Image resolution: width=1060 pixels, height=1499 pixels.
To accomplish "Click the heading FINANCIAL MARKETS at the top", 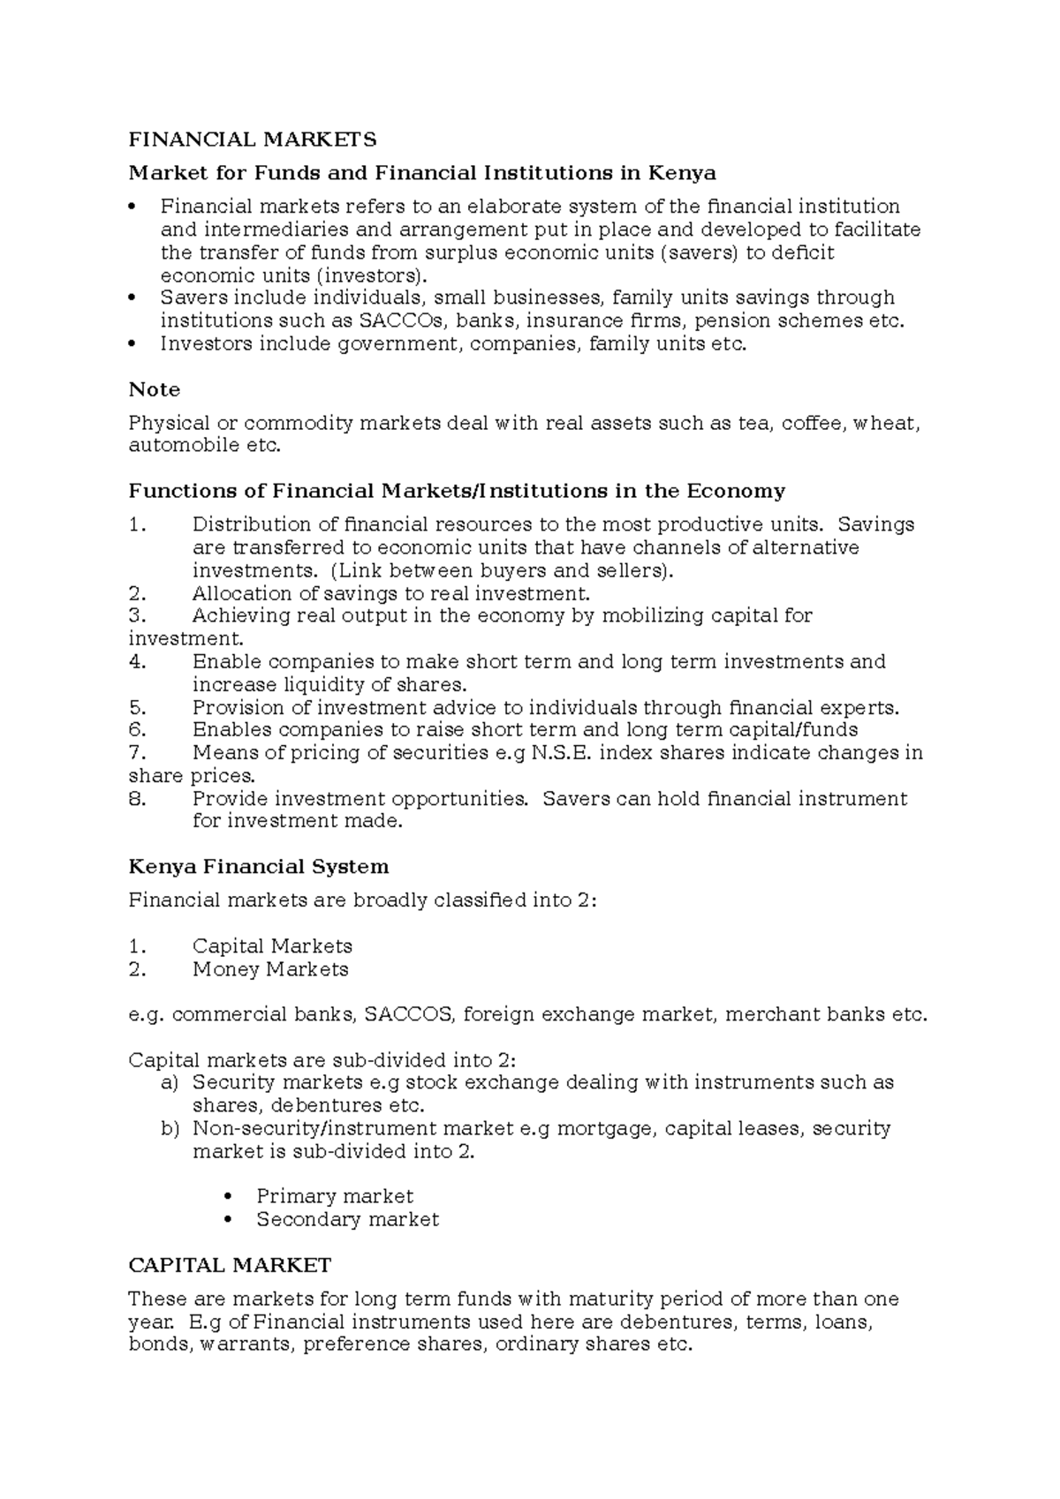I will (253, 139).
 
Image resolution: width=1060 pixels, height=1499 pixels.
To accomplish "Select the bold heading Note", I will (155, 389).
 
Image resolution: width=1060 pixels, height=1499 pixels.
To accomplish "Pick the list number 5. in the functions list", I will (137, 708).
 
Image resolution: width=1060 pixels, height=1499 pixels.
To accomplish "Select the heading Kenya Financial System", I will (259, 867).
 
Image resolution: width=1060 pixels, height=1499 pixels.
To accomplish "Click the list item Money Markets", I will (270, 969).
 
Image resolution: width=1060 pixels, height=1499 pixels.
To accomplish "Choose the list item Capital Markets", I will (272, 946).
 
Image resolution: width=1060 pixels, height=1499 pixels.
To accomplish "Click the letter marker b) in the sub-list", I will (170, 1128).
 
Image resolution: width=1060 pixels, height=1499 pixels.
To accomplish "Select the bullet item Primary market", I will (335, 1196).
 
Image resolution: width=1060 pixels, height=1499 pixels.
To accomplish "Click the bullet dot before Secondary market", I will (229, 1220).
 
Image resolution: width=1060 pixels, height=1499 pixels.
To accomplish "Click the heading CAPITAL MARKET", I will (230, 1266).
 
